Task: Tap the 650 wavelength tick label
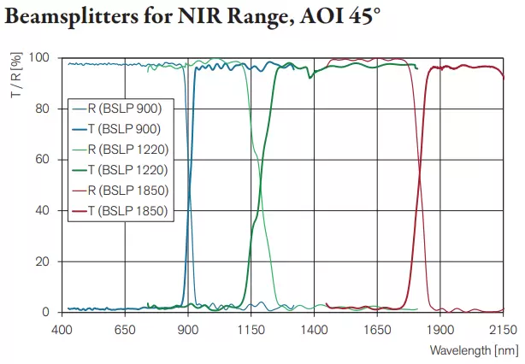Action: pyautogui.click(x=125, y=328)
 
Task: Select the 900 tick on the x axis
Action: pyautogui.click(x=188, y=328)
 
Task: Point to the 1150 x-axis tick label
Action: pyautogui.click(x=251, y=328)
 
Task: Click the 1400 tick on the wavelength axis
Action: pyautogui.click(x=314, y=328)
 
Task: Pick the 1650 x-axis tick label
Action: pyautogui.click(x=377, y=328)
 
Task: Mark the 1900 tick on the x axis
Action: pyautogui.click(x=440, y=328)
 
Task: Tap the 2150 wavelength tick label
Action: pyautogui.click(x=503, y=328)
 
